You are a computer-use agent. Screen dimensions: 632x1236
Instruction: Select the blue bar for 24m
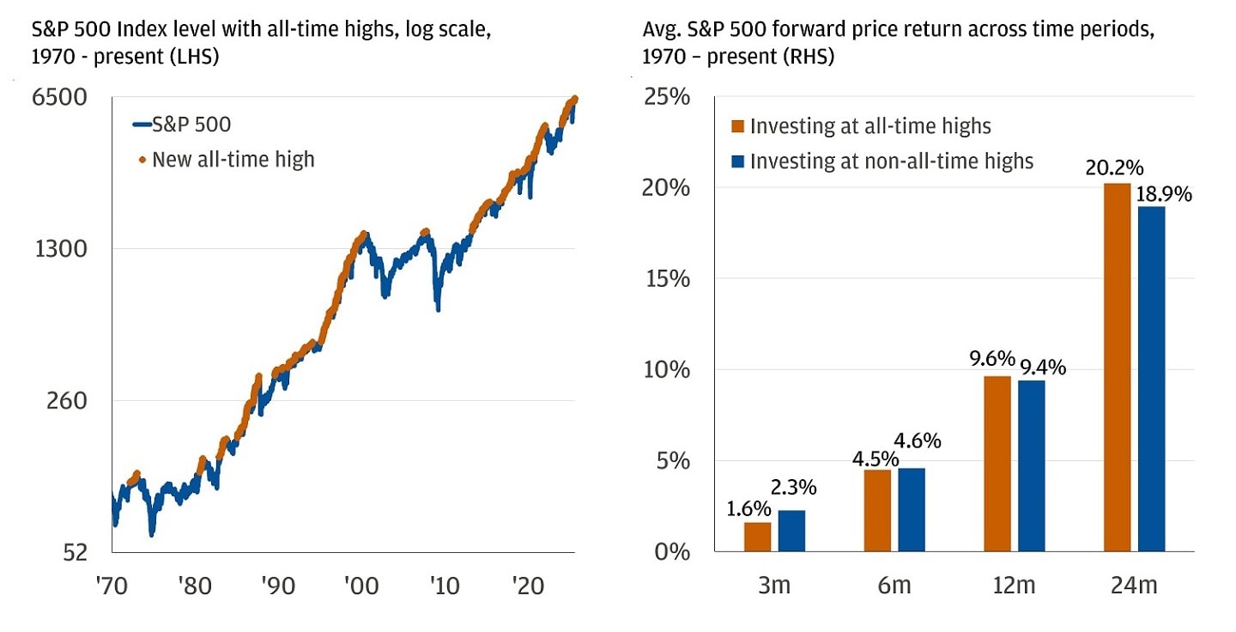[x=1151, y=379]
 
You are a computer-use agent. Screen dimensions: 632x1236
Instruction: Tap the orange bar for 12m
[x=997, y=464]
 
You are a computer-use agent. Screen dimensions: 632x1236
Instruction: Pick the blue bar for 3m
[x=791, y=531]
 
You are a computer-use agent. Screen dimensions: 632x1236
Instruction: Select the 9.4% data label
[x=1043, y=368]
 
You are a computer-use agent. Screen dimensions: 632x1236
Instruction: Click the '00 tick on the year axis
[x=360, y=586]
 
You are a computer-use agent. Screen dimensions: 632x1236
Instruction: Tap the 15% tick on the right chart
[x=666, y=279]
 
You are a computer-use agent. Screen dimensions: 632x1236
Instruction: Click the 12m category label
[x=1015, y=586]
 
